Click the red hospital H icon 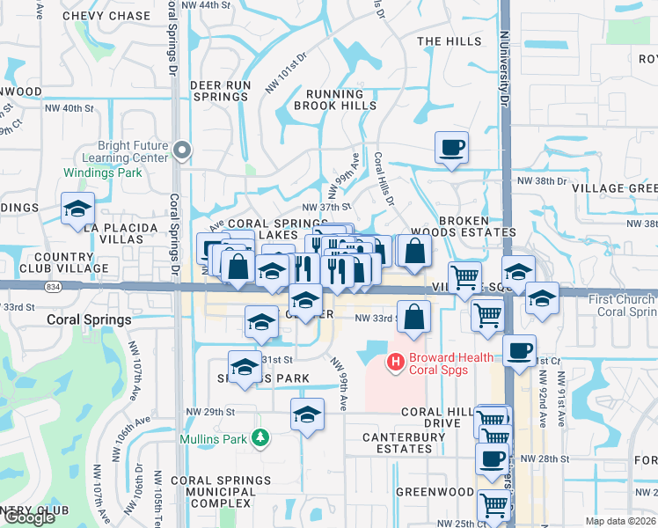tap(396, 361)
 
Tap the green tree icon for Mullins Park tap(260, 437)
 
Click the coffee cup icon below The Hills tap(451, 148)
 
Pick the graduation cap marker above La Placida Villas tap(77, 209)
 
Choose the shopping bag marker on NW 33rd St tap(413, 317)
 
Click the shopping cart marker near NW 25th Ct tap(494, 505)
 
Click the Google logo tap(29, 517)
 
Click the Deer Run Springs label tap(220, 92)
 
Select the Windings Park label tap(102, 172)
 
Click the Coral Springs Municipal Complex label tap(221, 491)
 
